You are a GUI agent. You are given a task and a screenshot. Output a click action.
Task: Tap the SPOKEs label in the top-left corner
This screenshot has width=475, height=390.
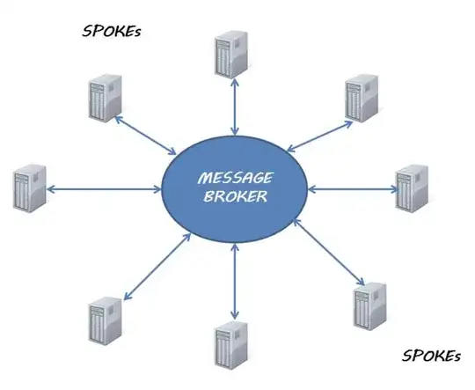pyautogui.click(x=113, y=32)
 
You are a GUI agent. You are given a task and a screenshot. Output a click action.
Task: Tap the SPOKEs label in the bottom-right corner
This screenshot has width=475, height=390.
pyautogui.click(x=431, y=357)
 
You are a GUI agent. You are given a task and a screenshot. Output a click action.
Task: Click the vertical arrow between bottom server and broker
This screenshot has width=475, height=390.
pyautogui.click(x=234, y=283)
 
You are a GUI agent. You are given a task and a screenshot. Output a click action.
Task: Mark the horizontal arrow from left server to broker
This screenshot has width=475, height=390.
pyautogui.click(x=105, y=188)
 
